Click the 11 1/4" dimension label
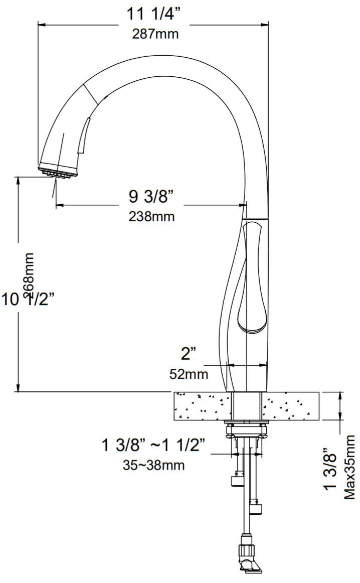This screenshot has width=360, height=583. (x=153, y=14)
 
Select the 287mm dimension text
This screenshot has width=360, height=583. (x=155, y=35)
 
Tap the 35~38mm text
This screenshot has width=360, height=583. (x=153, y=465)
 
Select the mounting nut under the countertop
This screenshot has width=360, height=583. (x=246, y=429)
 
